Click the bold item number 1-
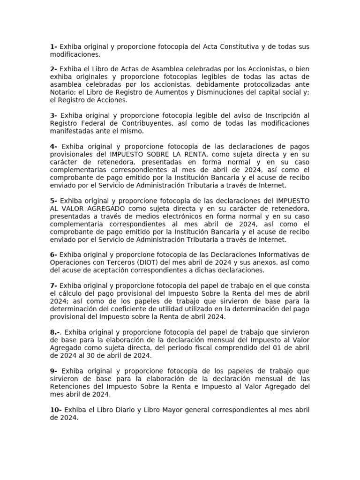point(53,47)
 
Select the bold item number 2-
point(54,69)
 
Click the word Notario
point(62,92)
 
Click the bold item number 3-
point(54,115)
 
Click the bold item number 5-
point(54,200)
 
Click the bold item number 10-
point(56,410)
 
